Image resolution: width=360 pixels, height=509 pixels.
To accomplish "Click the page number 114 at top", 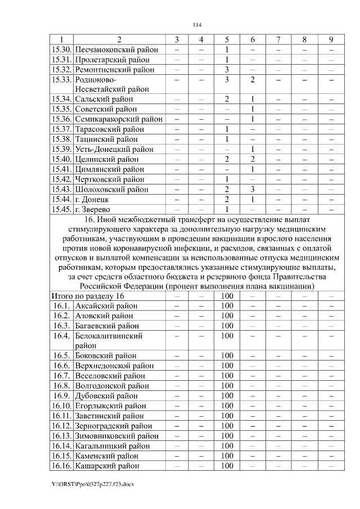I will [x=197, y=25].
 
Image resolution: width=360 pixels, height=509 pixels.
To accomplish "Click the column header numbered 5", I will [x=227, y=39].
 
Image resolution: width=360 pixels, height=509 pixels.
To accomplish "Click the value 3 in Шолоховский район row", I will [x=253, y=190].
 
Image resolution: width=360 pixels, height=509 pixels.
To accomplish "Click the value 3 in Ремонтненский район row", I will [x=227, y=70].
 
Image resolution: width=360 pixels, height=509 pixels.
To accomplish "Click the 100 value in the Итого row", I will [x=227, y=296].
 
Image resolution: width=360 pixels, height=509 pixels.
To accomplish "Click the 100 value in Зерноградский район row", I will [x=227, y=426].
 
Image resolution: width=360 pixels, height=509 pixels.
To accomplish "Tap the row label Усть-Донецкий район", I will [x=114, y=149].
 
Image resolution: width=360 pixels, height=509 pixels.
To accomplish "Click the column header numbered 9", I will [x=331, y=39].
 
